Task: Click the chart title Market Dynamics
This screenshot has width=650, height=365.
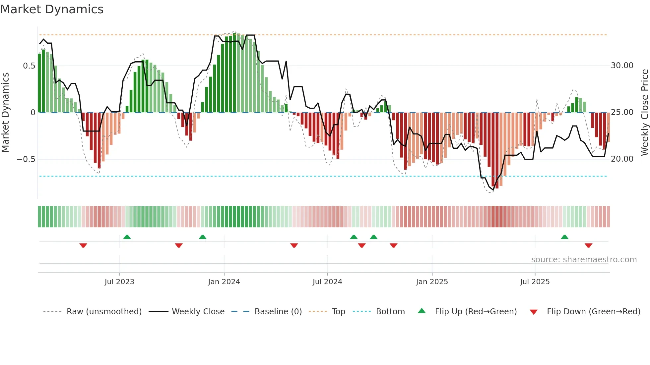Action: (x=52, y=9)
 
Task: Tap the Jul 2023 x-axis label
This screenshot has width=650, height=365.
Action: (x=119, y=282)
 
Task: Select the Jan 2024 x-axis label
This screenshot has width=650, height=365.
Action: (x=224, y=282)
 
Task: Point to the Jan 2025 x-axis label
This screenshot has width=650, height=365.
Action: (x=432, y=282)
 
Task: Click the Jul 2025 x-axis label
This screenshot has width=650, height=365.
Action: (x=535, y=282)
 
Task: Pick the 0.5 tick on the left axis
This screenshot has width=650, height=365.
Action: (x=29, y=66)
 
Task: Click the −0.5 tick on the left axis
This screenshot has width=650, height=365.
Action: (x=26, y=159)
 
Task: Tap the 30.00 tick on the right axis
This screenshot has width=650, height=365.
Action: (x=622, y=66)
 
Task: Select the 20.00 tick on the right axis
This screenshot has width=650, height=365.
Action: (x=622, y=159)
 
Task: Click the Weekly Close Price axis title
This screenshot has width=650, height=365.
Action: (x=644, y=112)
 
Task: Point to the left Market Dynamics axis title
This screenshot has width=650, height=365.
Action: (x=6, y=112)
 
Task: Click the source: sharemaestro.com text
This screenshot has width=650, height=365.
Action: (x=584, y=260)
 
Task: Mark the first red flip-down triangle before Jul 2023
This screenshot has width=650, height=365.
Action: (x=83, y=245)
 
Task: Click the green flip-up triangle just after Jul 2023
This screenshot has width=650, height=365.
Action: (x=127, y=237)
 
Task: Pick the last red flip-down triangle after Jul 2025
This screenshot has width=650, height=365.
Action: (x=588, y=245)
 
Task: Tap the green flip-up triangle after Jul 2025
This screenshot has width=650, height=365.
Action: (x=564, y=237)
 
